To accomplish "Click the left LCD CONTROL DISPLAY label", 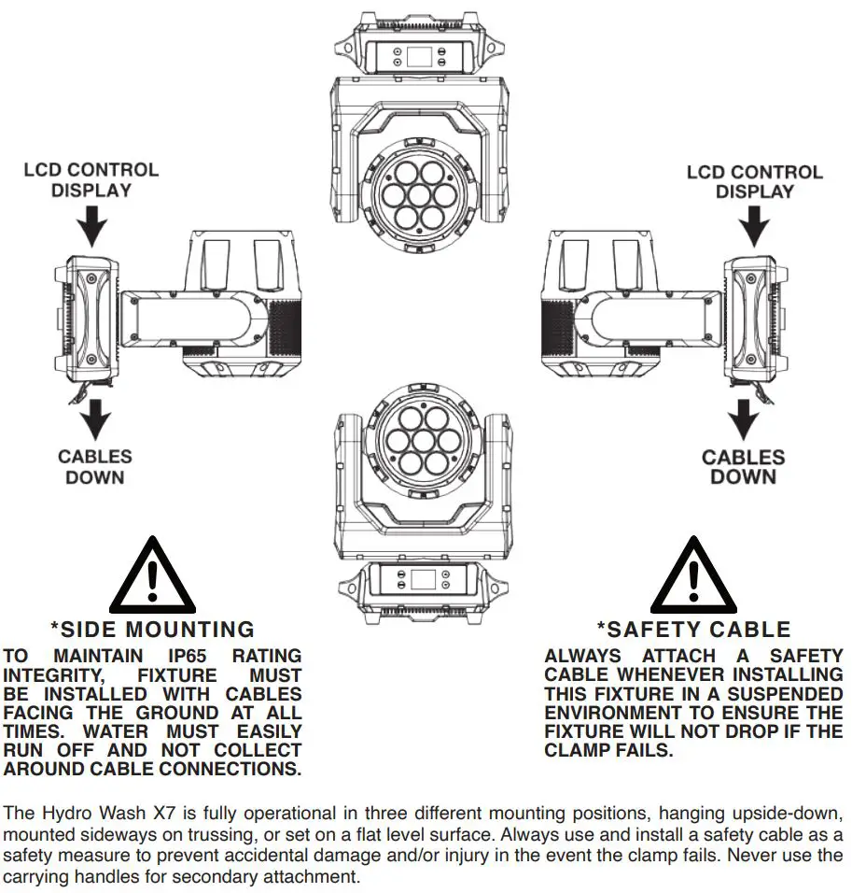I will [91, 180].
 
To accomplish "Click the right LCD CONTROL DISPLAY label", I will [754, 182].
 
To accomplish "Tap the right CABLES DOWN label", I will [743, 467].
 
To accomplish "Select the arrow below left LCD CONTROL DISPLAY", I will [91, 225].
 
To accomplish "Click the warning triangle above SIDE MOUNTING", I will [152, 576].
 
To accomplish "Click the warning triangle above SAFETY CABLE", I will [693, 576].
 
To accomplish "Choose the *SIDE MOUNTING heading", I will [152, 629].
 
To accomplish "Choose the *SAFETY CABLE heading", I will [693, 630].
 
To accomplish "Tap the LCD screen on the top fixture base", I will [419, 56].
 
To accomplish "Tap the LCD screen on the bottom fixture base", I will [423, 579].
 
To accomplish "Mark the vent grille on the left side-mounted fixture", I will [286, 327].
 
